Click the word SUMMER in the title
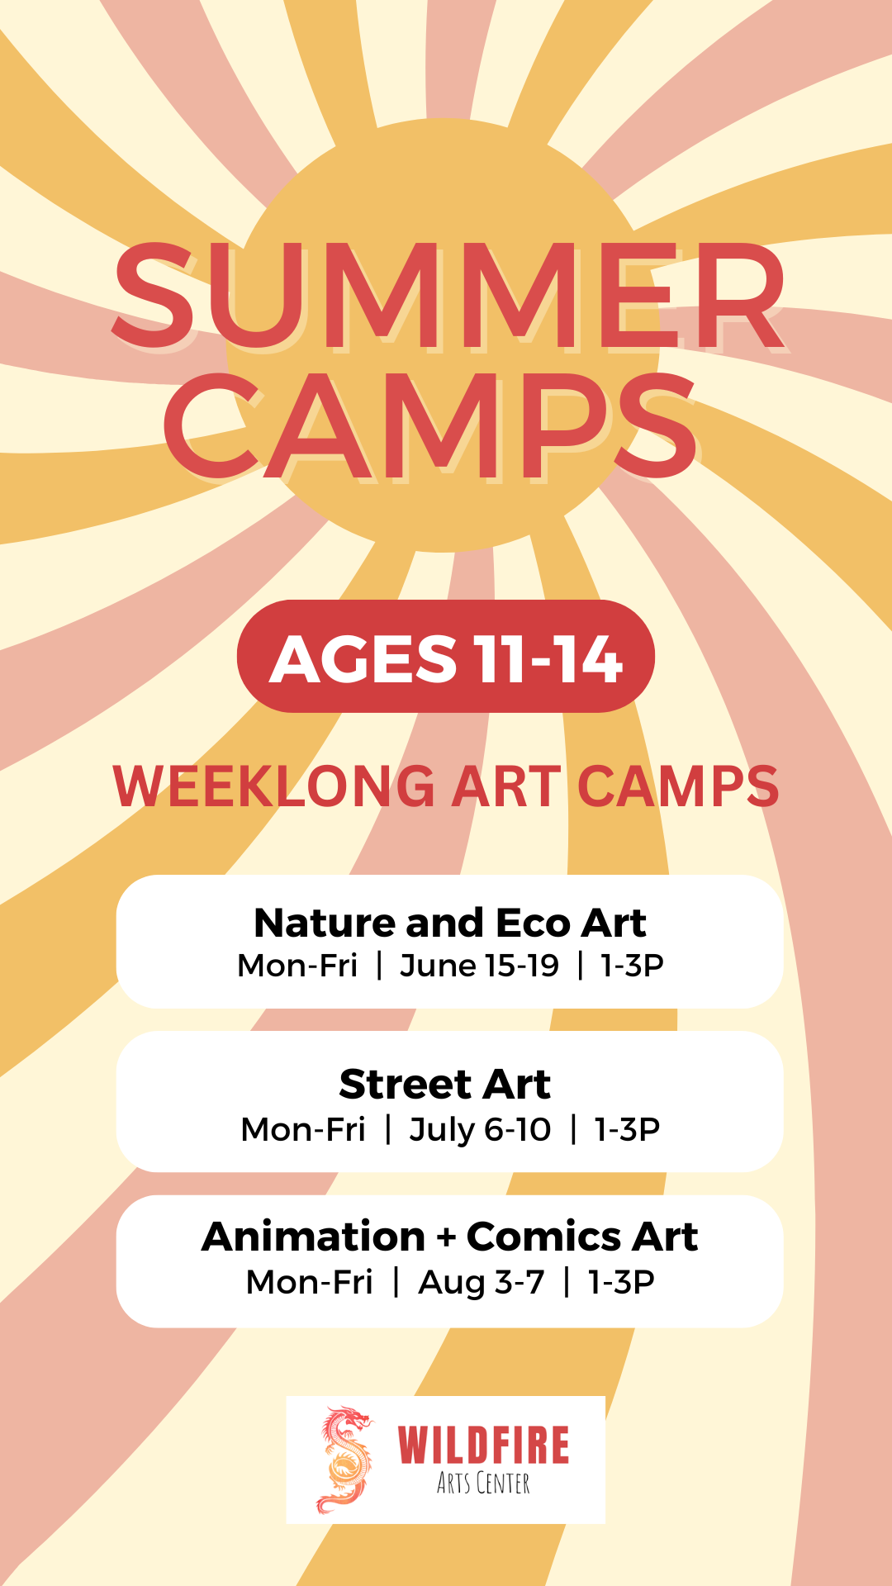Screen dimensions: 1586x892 pyautogui.click(x=448, y=296)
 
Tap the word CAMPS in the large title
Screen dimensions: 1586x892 pyautogui.click(x=431, y=426)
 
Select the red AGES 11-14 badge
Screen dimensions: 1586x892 pyautogui.click(x=446, y=658)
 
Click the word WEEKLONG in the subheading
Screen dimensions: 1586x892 pyautogui.click(x=274, y=786)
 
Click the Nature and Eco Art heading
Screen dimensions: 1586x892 pyautogui.click(x=449, y=923)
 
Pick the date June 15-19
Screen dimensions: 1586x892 pyautogui.click(x=479, y=966)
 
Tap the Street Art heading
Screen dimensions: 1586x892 pyautogui.click(x=444, y=1084)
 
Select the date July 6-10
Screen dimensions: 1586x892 pyautogui.click(x=480, y=1129)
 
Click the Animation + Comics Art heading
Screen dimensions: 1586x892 pyautogui.click(x=449, y=1237)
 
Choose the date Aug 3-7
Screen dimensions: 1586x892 pyautogui.click(x=482, y=1282)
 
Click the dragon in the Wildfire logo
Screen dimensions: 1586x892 pyautogui.click(x=345, y=1460)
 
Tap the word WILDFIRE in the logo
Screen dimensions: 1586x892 pyautogui.click(x=483, y=1445)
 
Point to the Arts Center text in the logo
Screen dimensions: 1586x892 pyautogui.click(x=483, y=1484)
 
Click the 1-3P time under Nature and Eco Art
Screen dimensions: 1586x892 pyautogui.click(x=632, y=966)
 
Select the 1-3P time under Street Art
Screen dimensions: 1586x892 pyautogui.click(x=627, y=1129)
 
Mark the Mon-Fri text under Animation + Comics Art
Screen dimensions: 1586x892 pyautogui.click(x=309, y=1282)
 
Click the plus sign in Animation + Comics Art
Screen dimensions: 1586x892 pyautogui.click(x=446, y=1238)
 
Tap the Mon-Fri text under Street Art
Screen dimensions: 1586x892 pyautogui.click(x=303, y=1129)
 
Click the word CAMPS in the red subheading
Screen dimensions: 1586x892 pyautogui.click(x=678, y=786)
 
